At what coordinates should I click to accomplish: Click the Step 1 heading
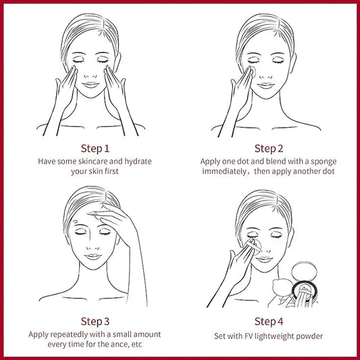(x=95, y=149)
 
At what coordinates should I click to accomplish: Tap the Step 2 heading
(x=269, y=149)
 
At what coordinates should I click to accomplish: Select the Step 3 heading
(x=95, y=322)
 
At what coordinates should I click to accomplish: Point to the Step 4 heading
(x=269, y=322)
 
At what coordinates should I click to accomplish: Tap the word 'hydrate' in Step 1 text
(x=138, y=161)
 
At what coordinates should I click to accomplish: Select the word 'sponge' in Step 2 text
(x=324, y=162)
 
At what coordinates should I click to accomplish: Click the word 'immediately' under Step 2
(x=224, y=172)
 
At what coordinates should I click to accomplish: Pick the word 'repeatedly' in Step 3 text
(x=69, y=335)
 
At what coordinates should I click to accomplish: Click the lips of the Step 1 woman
(x=91, y=85)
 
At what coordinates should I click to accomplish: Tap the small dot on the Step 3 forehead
(x=75, y=222)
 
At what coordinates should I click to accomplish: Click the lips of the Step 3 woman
(x=93, y=257)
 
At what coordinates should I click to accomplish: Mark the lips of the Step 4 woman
(x=264, y=259)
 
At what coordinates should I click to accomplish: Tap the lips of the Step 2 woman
(x=265, y=86)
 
